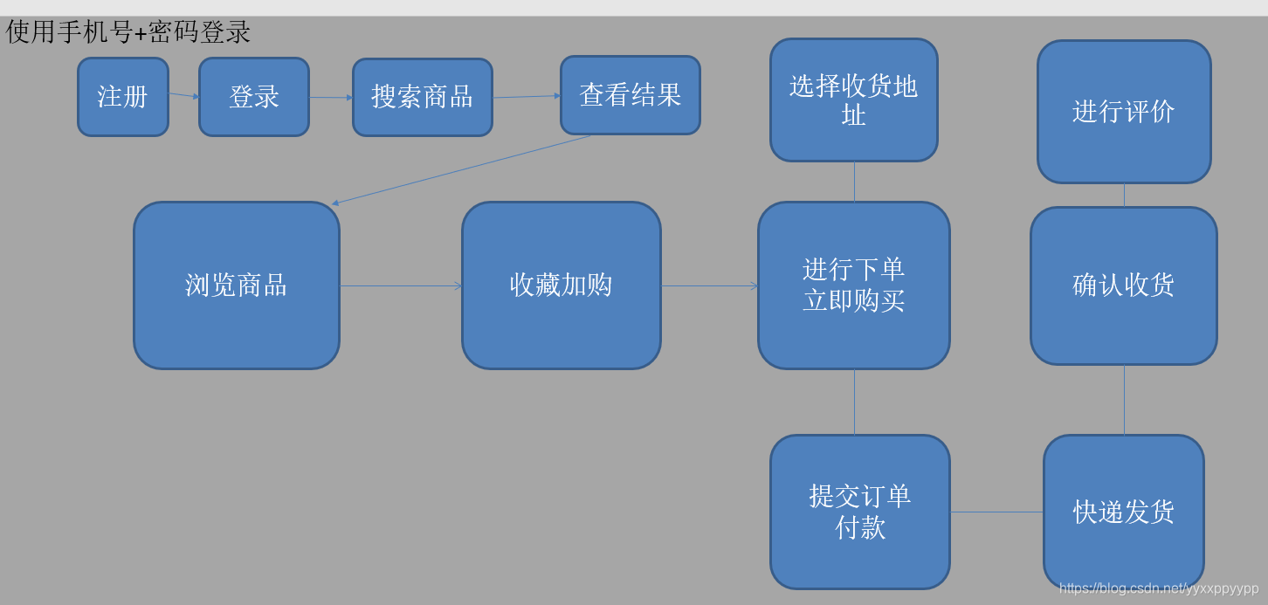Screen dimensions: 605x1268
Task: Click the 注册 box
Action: [x=122, y=97]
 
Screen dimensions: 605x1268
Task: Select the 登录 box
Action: [x=254, y=97]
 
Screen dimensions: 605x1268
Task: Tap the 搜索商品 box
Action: [x=422, y=97]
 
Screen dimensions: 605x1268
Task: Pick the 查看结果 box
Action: [x=630, y=95]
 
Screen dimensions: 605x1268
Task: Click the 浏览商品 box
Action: [x=236, y=285]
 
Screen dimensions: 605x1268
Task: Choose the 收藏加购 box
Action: [x=561, y=285]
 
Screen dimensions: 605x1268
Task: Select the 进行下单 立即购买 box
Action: [x=853, y=285]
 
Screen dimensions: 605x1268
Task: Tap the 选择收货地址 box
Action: [x=853, y=100]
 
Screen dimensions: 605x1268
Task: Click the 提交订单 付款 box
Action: [x=859, y=512]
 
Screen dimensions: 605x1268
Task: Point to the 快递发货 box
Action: [x=1123, y=512]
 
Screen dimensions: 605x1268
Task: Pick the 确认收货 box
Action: [x=1123, y=285]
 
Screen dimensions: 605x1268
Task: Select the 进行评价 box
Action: [x=1123, y=112]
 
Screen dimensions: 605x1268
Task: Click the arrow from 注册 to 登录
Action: [x=183, y=95]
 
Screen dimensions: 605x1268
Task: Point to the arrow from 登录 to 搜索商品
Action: [x=331, y=98]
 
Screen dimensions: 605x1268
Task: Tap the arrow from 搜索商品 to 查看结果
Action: [x=527, y=97]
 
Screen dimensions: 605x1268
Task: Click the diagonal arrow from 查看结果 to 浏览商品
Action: [x=461, y=170]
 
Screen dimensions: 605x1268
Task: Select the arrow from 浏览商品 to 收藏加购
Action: [x=401, y=285]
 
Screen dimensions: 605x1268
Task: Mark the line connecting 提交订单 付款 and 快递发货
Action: [x=996, y=512]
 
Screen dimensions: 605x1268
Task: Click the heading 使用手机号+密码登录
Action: [x=128, y=32]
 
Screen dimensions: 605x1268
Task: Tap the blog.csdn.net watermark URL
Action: [x=1159, y=588]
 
